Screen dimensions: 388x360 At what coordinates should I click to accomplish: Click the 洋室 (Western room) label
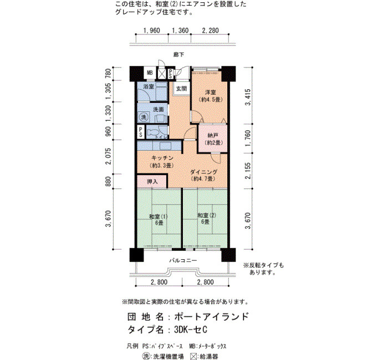(210, 92)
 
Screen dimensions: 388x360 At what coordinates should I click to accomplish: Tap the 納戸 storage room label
(212, 136)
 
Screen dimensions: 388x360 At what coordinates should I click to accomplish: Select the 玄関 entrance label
(181, 88)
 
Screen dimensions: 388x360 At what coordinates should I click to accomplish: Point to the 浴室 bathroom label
(149, 86)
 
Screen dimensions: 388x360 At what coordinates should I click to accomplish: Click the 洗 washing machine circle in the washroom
(144, 117)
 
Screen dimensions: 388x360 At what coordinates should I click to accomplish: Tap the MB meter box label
(150, 73)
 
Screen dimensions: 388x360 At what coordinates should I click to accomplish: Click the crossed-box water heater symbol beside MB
(162, 74)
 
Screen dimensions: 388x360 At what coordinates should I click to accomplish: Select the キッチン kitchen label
(162, 158)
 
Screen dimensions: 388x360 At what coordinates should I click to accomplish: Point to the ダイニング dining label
(203, 172)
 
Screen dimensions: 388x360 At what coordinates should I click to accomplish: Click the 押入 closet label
(152, 182)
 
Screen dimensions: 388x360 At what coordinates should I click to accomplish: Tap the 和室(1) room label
(159, 217)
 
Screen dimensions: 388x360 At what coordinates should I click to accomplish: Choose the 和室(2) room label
(207, 215)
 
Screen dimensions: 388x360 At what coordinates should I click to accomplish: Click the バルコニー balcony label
(183, 260)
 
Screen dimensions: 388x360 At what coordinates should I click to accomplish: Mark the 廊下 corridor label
(178, 54)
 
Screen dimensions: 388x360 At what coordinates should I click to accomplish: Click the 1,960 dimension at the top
(152, 30)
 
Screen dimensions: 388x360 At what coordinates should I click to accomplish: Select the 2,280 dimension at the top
(210, 30)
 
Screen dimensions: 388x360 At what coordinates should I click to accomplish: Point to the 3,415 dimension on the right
(248, 97)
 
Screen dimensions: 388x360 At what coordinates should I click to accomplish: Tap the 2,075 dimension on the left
(109, 156)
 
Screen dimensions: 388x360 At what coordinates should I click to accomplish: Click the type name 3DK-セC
(191, 330)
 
